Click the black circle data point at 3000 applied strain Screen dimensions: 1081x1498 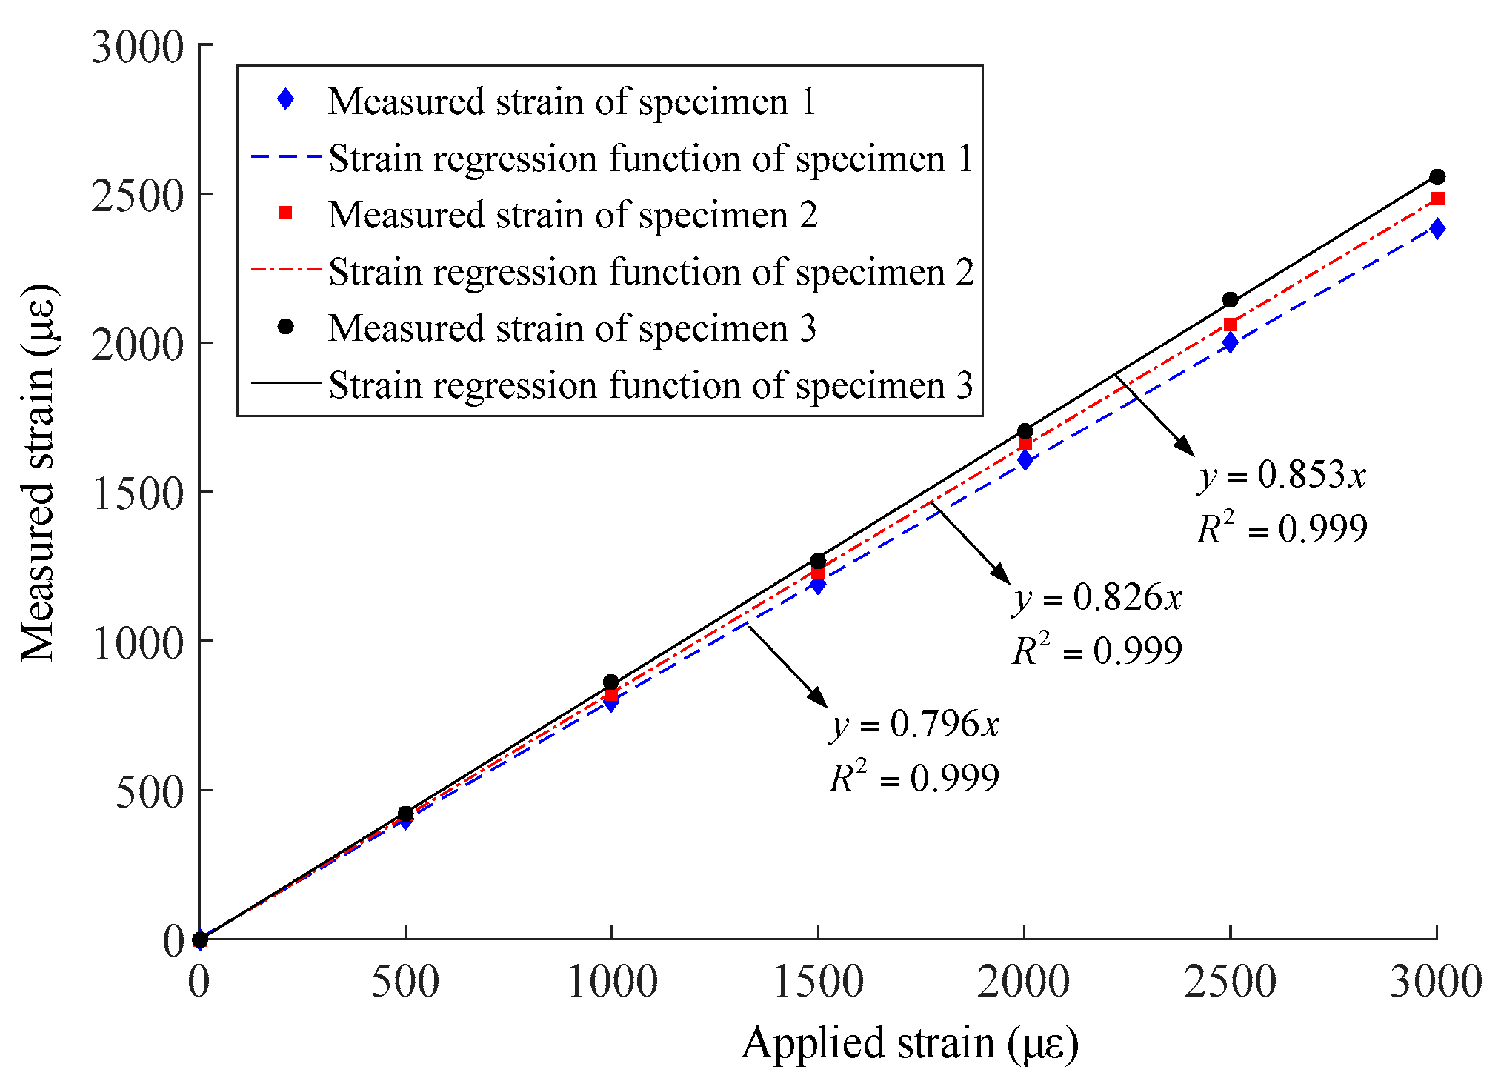coord(1437,177)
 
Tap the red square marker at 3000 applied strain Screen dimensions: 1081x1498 coord(1437,199)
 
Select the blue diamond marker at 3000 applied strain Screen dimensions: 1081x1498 coord(1437,228)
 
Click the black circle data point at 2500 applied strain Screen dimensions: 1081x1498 coord(1231,300)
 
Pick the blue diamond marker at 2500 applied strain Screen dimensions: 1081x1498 coord(1231,342)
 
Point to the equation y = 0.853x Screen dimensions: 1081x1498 coord(1282,475)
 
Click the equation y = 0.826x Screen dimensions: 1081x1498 coord(1097,598)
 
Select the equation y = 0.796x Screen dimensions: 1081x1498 coord(914,724)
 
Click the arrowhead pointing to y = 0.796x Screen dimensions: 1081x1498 coord(819,699)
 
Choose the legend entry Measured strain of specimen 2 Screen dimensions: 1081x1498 coord(572,215)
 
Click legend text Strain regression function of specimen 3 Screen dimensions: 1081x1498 coord(650,385)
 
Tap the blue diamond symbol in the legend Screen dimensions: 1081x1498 coord(285,100)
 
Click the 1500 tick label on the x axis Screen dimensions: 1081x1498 coord(818,982)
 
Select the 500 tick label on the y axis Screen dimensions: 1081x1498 coord(149,792)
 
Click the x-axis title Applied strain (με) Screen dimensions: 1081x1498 coord(910,1043)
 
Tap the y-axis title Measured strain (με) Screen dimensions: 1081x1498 coord(39,471)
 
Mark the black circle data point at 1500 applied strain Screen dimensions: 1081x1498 coord(818,560)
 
